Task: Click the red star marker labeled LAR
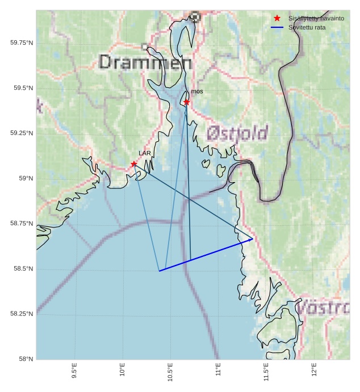(x=134, y=164)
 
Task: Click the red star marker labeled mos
(x=186, y=102)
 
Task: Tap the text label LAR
(x=145, y=153)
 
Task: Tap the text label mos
(x=197, y=91)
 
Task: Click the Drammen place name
(x=145, y=62)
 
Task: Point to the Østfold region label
(x=237, y=133)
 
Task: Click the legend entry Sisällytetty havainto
(x=316, y=19)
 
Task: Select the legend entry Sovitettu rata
(x=307, y=27)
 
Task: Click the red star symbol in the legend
(x=277, y=19)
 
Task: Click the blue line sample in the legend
(x=277, y=27)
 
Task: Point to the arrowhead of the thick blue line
(x=252, y=239)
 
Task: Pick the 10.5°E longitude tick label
(x=170, y=372)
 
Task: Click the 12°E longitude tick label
(x=315, y=370)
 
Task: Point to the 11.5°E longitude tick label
(x=266, y=372)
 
